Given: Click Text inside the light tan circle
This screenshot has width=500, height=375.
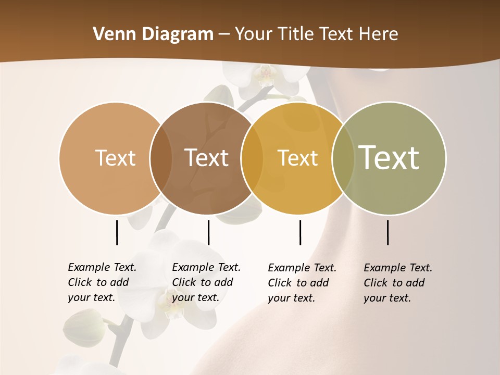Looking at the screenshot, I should (x=115, y=158).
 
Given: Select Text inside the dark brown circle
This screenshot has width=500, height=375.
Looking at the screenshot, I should (x=206, y=158).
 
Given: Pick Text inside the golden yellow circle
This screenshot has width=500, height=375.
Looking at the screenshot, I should (x=297, y=158).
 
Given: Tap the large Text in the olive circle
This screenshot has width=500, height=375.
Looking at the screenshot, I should (x=389, y=157).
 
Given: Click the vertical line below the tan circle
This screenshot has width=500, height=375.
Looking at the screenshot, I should (x=117, y=232).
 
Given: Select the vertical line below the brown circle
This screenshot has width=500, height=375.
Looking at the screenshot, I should (x=208, y=232).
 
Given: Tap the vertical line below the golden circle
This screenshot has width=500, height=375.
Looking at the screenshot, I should (x=300, y=232).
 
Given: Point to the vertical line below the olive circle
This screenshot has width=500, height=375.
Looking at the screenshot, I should (x=387, y=232).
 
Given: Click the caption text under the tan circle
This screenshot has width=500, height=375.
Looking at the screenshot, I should (x=102, y=282).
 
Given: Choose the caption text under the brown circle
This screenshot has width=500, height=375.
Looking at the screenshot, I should (x=206, y=282).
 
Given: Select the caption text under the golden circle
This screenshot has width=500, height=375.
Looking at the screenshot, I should (x=302, y=283).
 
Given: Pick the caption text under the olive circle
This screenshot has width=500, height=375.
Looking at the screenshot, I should (x=397, y=283).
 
